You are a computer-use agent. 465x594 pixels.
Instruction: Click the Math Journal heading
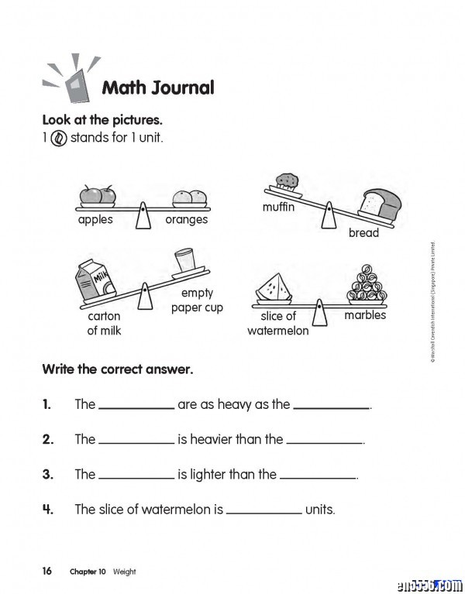point(158,88)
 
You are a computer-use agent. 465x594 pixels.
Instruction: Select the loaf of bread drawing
point(377,204)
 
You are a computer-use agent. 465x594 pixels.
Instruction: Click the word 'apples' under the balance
point(95,219)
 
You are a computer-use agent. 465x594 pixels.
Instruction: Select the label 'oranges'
point(187,220)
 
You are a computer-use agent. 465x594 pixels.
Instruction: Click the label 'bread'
point(363,232)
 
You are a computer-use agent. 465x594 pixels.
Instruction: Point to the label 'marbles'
point(364,315)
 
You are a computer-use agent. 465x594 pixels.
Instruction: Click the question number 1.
point(47,404)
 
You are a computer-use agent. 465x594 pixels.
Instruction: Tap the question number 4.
point(47,509)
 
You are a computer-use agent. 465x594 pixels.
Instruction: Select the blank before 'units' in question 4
point(263,510)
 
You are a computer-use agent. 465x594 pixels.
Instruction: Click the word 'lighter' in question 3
point(200,474)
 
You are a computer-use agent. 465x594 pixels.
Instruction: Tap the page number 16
point(47,571)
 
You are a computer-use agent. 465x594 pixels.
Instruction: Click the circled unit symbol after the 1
point(59,139)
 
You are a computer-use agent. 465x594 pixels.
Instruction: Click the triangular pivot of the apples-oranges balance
point(143,216)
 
